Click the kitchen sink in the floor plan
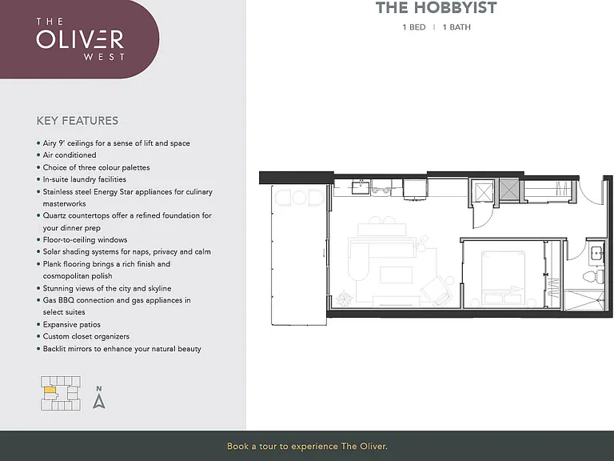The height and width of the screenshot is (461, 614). pos(361,187)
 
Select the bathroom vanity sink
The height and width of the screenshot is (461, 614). pos(596,253)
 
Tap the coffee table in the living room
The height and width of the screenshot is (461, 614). pos(396,275)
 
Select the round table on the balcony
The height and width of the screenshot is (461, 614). pos(300,197)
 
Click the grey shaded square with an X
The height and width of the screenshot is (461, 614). pos(509,191)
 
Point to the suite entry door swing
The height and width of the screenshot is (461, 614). pos(591,192)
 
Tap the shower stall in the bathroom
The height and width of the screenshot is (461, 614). pos(584,300)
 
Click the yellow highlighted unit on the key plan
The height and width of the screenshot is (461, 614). pos(50,390)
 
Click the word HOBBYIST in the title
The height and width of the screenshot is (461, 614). pos(456,8)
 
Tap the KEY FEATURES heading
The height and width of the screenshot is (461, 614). pos(77,121)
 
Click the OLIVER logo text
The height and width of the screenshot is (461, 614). pos(80,38)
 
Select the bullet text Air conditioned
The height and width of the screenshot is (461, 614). pos(70,154)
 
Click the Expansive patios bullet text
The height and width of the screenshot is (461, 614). pos(72,324)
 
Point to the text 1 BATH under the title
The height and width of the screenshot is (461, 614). pos(457,27)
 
